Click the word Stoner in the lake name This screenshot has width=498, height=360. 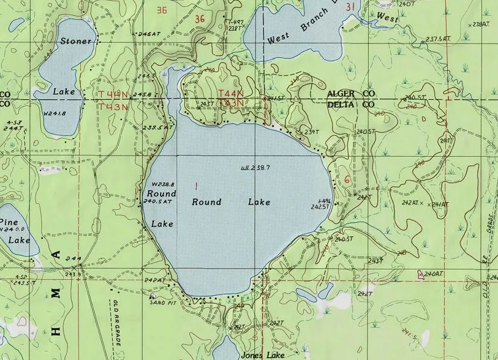click(x=76, y=41)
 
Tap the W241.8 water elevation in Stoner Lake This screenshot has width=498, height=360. click(x=55, y=113)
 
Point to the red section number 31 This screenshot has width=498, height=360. click(x=350, y=7)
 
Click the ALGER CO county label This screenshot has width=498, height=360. click(x=350, y=93)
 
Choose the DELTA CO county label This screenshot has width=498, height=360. click(x=350, y=105)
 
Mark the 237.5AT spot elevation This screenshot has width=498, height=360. click(x=438, y=39)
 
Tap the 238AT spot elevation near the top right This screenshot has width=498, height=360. click(x=481, y=24)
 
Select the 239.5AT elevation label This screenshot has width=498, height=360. click(x=157, y=127)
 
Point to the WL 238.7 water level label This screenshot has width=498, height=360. click(x=256, y=167)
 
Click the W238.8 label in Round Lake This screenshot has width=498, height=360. click(x=163, y=184)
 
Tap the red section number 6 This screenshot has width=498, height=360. click(x=347, y=179)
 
